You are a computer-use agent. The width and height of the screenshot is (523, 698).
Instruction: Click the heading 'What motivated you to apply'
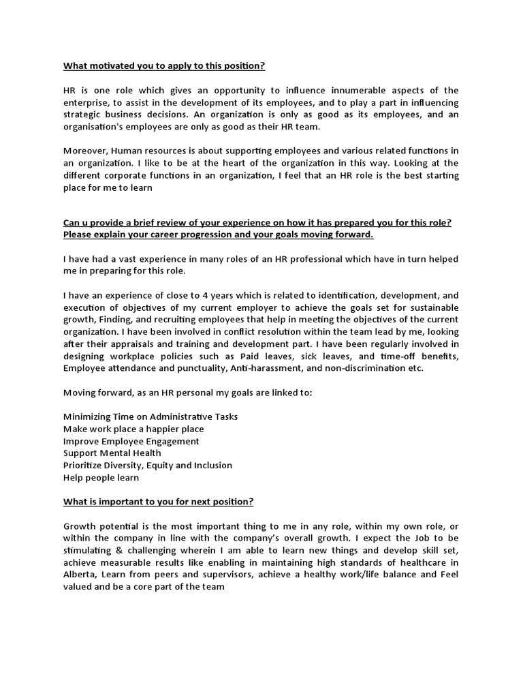164,66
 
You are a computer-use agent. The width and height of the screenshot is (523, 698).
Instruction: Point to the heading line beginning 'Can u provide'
260,223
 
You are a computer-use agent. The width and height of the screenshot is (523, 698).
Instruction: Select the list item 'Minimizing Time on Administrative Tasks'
150,416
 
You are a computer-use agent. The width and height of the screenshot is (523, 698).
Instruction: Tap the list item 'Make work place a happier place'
133,429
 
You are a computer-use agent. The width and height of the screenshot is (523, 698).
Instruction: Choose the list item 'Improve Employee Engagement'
131,441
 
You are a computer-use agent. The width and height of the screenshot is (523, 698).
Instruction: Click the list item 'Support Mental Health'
112,453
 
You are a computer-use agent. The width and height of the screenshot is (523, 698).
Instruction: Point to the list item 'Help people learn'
101,478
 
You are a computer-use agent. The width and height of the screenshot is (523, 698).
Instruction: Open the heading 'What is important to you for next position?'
159,502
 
